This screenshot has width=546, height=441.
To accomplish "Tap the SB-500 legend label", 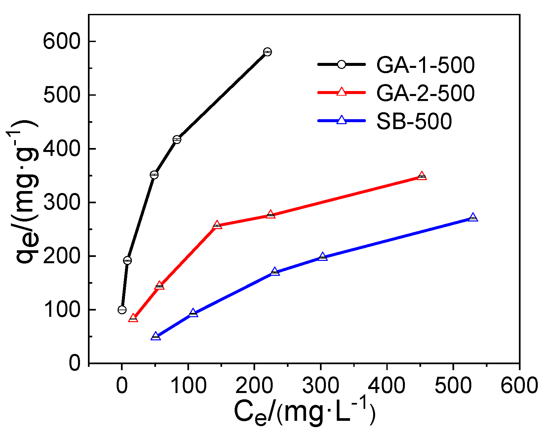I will click(414, 121).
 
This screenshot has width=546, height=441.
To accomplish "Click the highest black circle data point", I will click(268, 52).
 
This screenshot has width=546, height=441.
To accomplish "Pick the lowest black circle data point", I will click(122, 310).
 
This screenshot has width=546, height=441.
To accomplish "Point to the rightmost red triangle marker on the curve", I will click(422, 176).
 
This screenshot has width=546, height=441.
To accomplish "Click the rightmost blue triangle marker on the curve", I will click(473, 218).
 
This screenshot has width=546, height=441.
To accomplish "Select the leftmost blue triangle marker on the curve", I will click(156, 337).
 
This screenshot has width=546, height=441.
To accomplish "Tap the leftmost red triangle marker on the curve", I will click(133, 318).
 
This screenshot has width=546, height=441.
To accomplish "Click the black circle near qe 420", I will click(177, 139).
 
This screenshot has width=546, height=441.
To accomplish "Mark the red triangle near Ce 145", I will click(217, 225).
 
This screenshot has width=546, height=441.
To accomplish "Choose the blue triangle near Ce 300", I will click(323, 257).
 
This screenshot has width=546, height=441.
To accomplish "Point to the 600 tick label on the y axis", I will click(62, 42).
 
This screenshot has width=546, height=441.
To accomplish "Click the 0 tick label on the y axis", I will click(75, 363).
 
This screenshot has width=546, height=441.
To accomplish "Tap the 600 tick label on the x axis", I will click(519, 386).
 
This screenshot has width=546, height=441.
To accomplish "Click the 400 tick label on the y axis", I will click(62, 149).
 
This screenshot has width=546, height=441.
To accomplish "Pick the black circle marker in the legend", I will click(341, 65).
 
